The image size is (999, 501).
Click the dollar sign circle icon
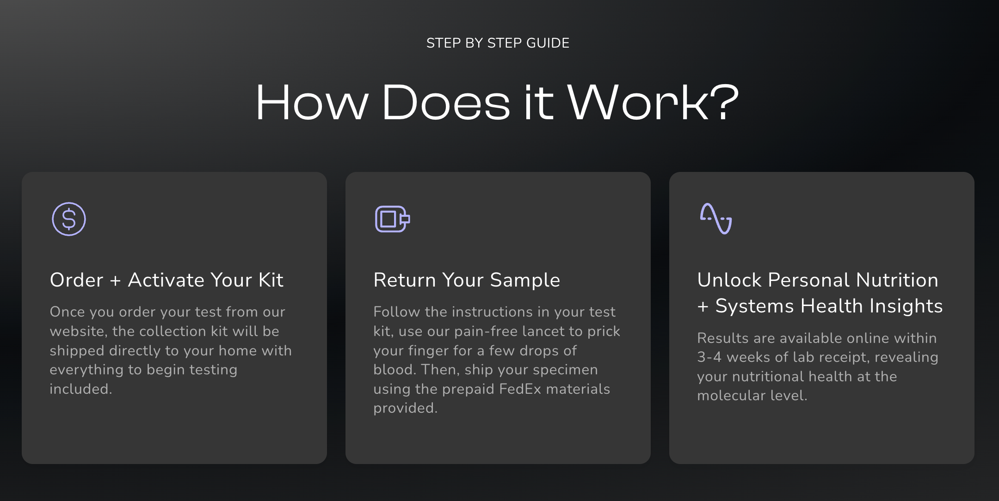click(x=69, y=219)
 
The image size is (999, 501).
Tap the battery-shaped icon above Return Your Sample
click(x=392, y=219)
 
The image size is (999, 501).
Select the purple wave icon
click(x=715, y=219)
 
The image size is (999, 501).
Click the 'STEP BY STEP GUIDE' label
click(x=498, y=43)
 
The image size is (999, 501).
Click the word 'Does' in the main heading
click(x=446, y=103)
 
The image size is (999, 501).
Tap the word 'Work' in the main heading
click(x=638, y=103)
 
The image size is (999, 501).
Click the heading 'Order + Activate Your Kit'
click(x=166, y=280)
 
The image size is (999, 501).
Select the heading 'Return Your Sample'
click(x=467, y=280)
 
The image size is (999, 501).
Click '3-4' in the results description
click(x=709, y=357)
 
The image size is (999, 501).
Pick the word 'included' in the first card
click(x=80, y=389)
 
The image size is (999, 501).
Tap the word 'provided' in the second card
click(x=404, y=409)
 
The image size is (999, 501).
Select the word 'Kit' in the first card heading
click(x=271, y=280)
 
